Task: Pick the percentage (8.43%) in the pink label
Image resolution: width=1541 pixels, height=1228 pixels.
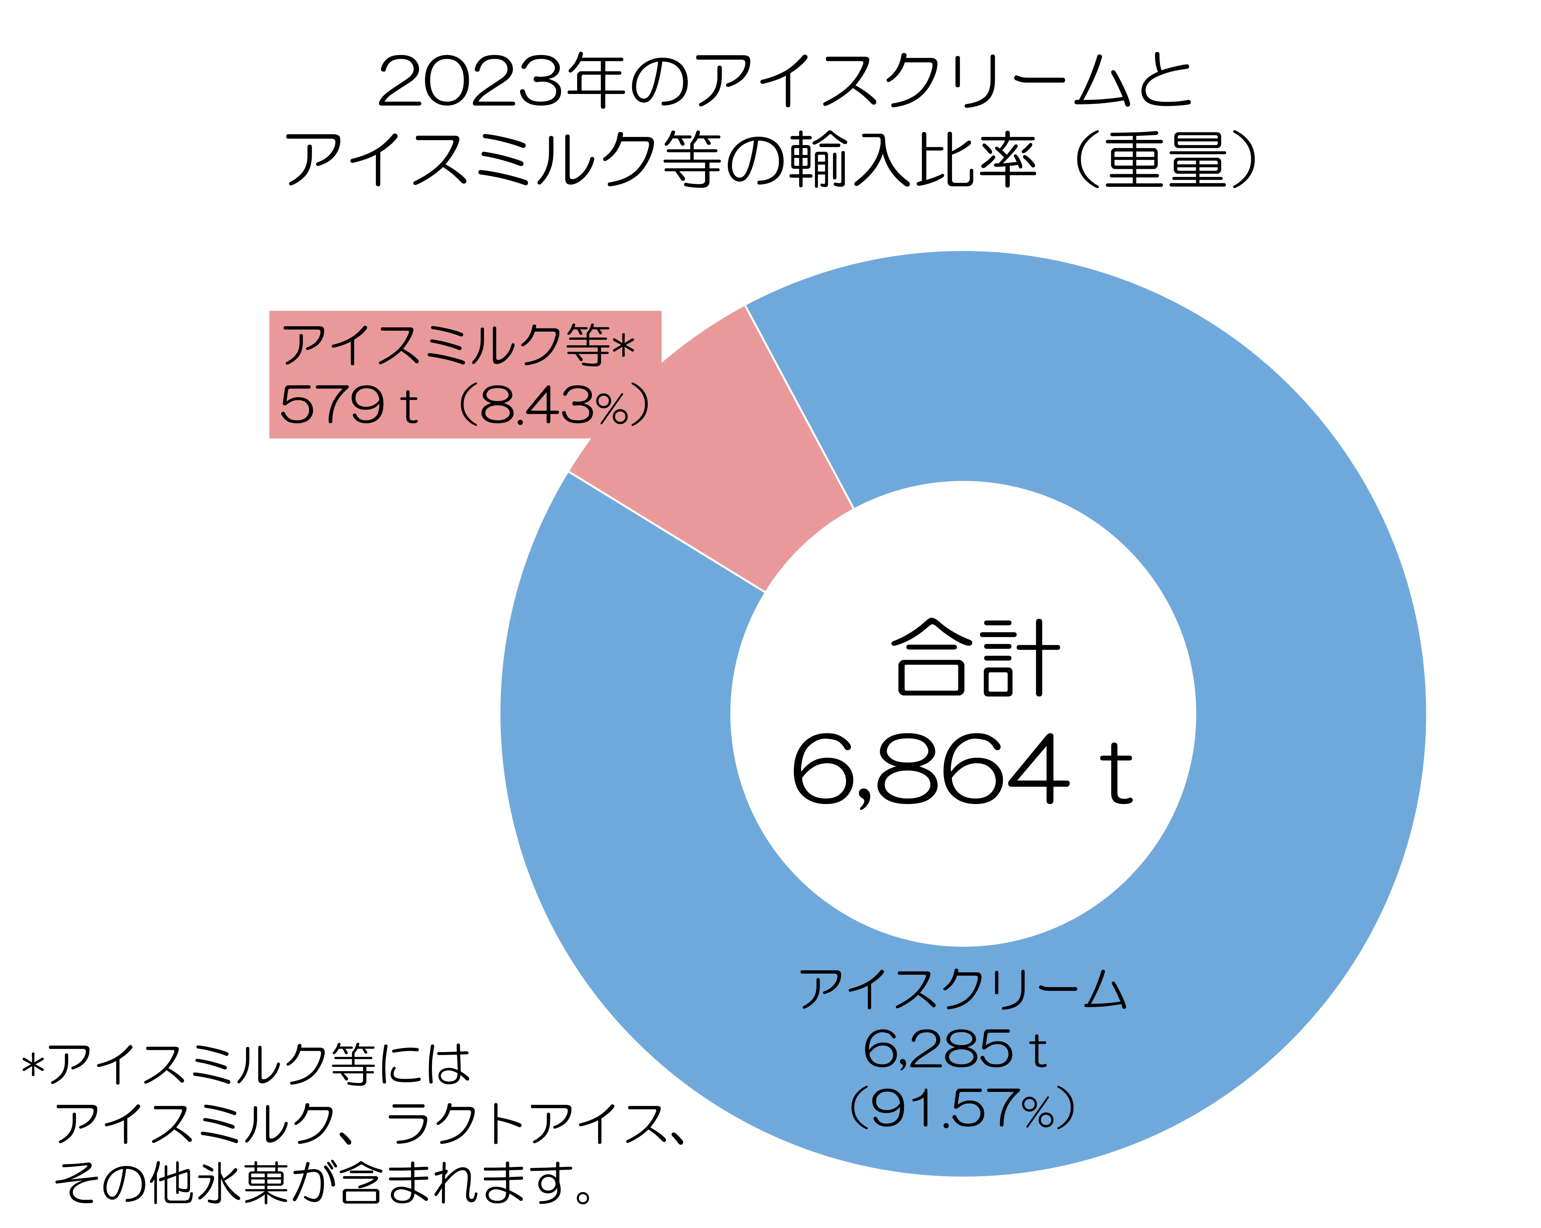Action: (554, 406)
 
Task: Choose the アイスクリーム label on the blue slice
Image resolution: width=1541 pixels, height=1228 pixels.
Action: (961, 990)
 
